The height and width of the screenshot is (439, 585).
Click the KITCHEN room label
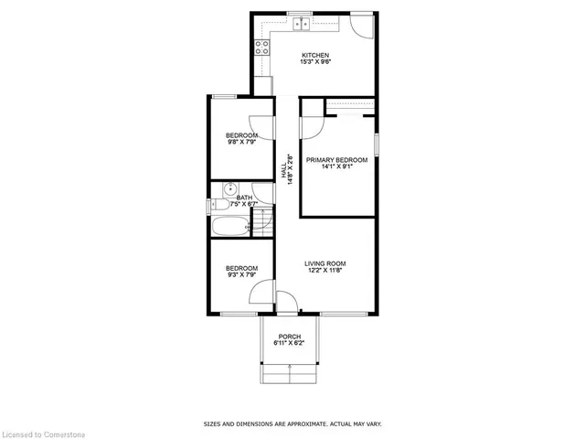click(315, 55)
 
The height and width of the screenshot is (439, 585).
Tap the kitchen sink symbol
click(301, 24)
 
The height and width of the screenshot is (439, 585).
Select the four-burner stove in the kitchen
click(262, 48)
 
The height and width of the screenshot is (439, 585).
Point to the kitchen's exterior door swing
click(362, 27)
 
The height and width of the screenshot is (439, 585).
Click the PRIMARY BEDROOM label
click(337, 160)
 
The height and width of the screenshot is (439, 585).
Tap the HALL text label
click(283, 170)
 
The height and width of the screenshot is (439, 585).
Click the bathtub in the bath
click(231, 226)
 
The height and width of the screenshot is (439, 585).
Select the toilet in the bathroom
click(220, 205)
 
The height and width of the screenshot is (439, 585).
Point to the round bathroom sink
click(230, 189)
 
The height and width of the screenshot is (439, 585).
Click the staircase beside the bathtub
click(263, 222)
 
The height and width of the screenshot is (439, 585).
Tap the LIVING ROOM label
click(325, 264)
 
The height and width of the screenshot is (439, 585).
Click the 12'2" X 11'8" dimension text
click(325, 271)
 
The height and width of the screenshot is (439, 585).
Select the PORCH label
click(290, 337)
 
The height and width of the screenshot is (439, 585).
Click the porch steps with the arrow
click(290, 373)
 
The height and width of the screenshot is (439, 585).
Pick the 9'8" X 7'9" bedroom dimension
click(241, 142)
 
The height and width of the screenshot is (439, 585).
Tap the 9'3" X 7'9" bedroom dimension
click(241, 274)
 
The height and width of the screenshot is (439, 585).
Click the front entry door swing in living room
click(287, 302)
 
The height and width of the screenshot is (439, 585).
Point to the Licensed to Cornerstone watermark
click(43, 434)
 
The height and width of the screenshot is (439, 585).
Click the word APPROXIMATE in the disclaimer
click(303, 424)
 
